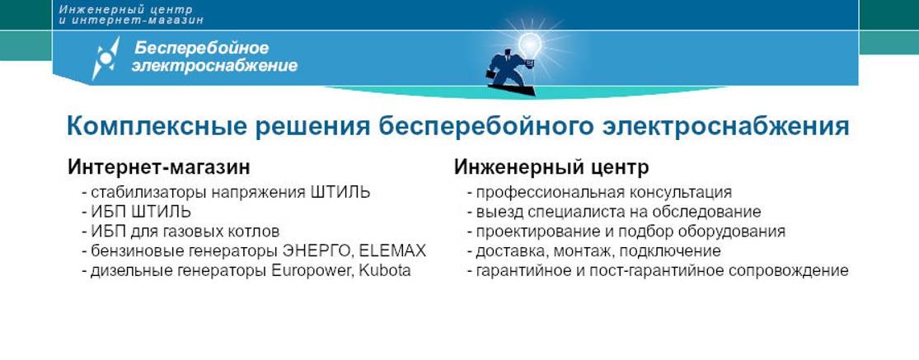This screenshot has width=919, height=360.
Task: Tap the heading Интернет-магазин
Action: pos(158,167)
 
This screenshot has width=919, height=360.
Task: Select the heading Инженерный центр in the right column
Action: pos(551,167)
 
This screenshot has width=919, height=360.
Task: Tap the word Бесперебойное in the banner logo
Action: pos(202,48)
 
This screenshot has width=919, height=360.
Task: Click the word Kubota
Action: pos(384,270)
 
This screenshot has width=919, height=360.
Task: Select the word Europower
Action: pos(311,270)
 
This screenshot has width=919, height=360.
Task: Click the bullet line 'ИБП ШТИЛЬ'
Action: pos(136,212)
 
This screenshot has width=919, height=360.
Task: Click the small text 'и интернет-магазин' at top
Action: pos(130,20)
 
